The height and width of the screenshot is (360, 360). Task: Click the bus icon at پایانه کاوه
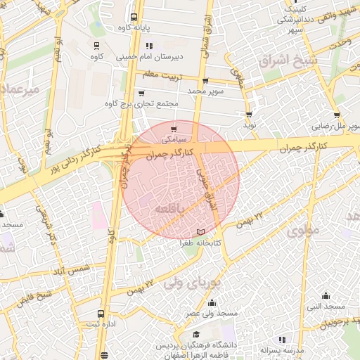[134, 17]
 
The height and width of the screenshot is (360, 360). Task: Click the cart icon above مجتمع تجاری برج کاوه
[141, 93]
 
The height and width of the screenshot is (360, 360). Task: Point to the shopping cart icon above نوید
[249, 114]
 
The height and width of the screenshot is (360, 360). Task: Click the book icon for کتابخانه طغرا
[202, 231]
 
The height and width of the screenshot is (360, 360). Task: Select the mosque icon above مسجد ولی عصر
[212, 303]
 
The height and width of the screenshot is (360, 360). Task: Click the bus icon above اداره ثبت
[101, 314]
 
